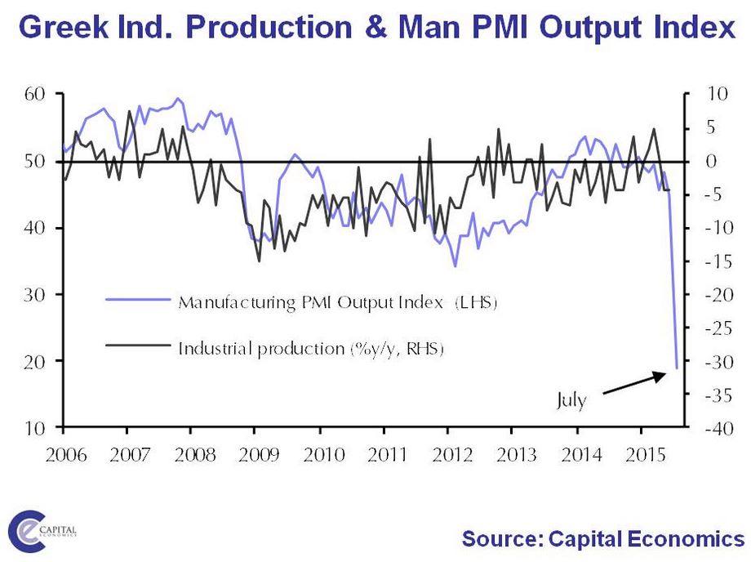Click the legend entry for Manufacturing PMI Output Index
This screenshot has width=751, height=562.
point(336,302)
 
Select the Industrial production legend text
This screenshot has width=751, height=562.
point(310,349)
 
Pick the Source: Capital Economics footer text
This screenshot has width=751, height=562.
point(602,539)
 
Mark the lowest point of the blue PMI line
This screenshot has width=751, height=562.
point(677,368)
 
